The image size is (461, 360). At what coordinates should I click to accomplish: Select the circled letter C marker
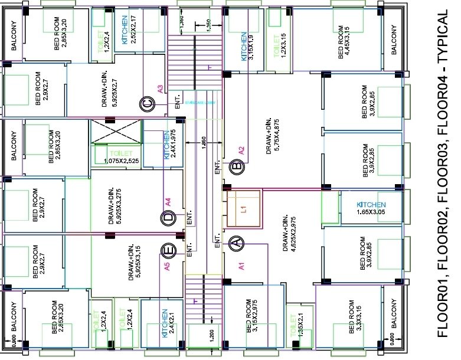click(148, 105)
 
